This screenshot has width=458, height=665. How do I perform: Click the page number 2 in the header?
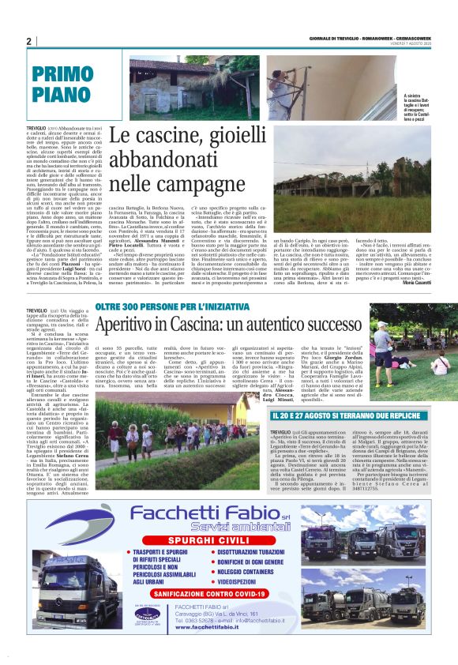(x=29, y=41)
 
